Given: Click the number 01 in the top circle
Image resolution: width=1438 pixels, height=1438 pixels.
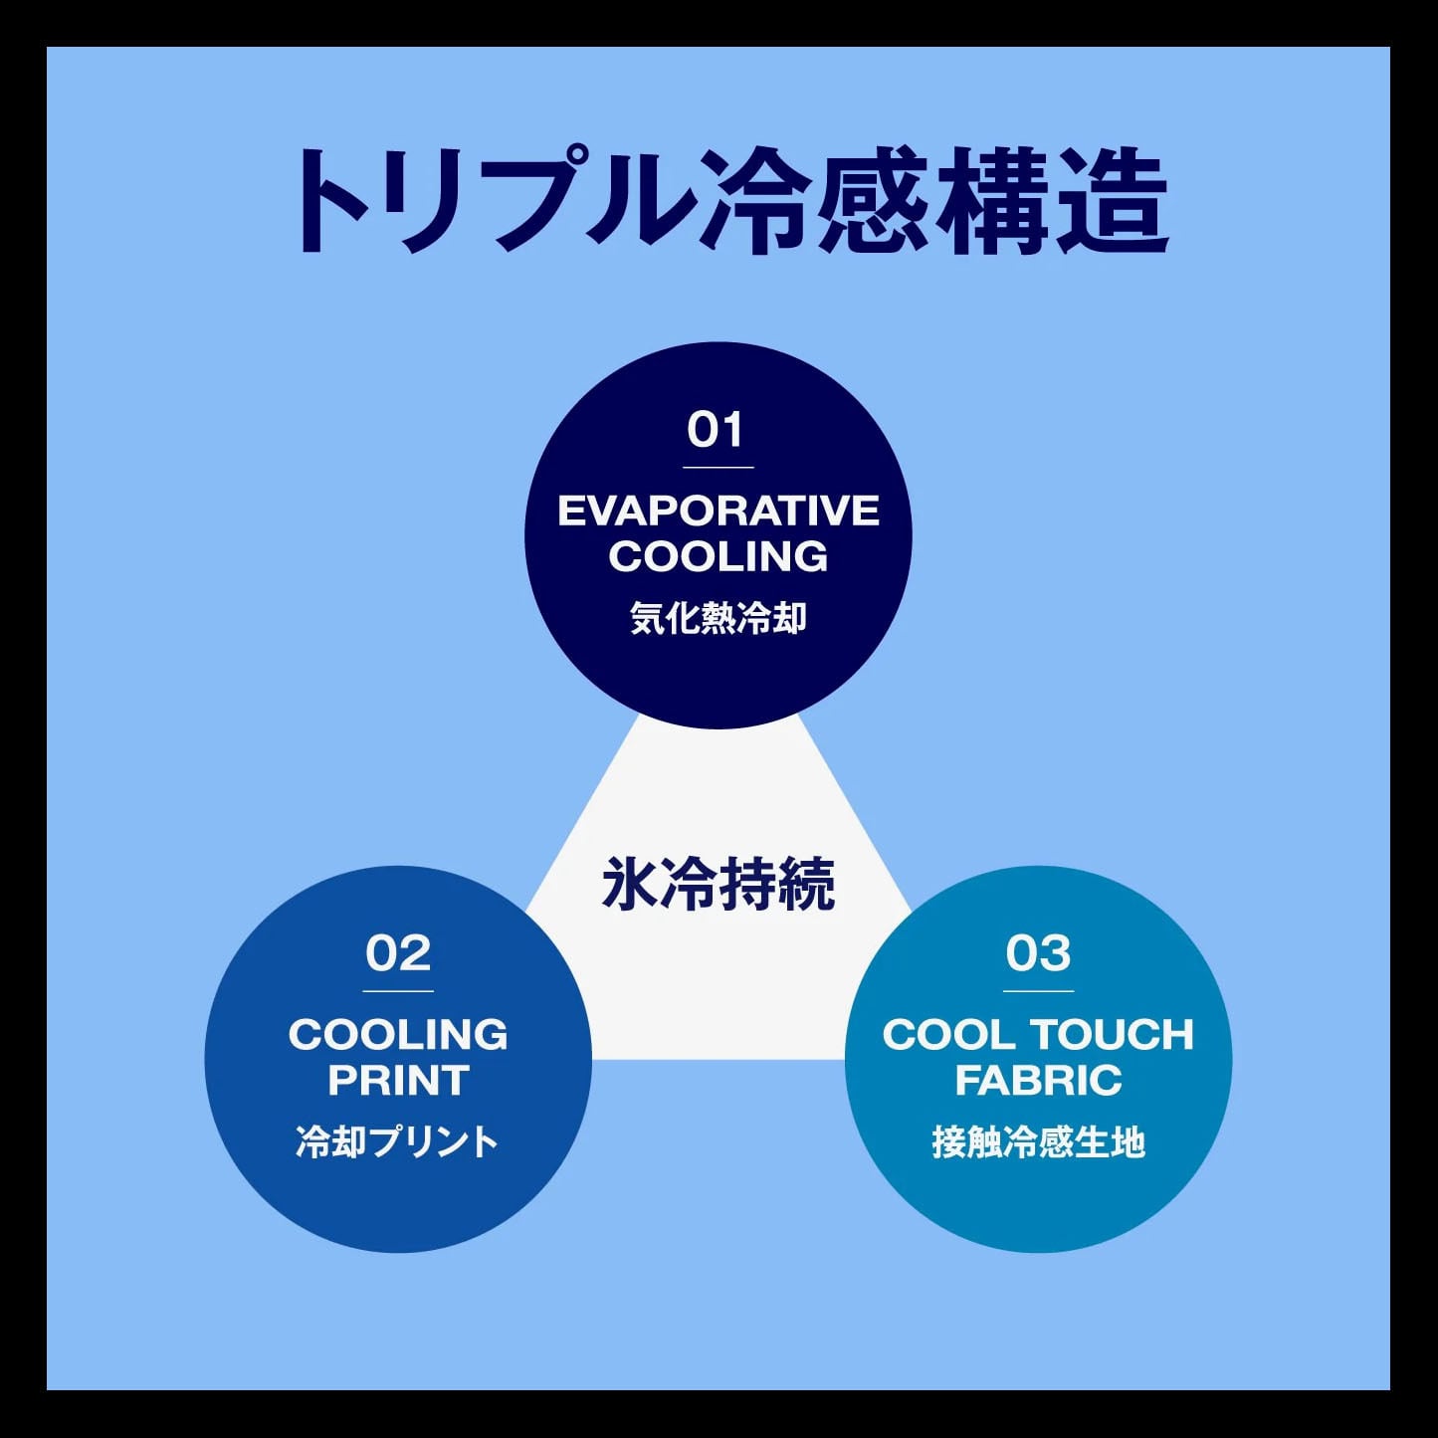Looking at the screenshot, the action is pos(715,430).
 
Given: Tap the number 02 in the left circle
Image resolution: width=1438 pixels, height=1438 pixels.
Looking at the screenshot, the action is pos(398,953).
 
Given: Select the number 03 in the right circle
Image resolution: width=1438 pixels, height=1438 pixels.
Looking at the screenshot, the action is pos(1038,953).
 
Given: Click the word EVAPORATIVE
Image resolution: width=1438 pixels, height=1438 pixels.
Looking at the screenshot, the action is pos(719,512).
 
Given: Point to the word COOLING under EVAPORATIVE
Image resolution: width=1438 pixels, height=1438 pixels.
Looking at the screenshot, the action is pos(719,556).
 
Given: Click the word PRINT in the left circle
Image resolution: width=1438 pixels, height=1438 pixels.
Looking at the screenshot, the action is pos(398,1081).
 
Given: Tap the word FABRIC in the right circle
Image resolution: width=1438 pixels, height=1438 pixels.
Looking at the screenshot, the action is pos(1038,1081).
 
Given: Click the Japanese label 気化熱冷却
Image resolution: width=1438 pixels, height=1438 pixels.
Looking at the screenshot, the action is pos(718,619).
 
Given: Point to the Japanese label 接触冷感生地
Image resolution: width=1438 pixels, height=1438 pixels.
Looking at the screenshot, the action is pos(1038,1142).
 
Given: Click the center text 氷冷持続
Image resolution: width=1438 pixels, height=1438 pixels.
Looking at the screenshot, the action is pos(718,885).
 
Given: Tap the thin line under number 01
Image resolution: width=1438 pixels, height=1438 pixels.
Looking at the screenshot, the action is pos(718,467).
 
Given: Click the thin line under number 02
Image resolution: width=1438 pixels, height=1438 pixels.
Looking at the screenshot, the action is pos(398,991).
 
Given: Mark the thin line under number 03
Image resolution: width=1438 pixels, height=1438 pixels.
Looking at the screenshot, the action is pos(1038,991).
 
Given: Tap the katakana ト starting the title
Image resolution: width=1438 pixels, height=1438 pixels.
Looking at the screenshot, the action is pos(328,200).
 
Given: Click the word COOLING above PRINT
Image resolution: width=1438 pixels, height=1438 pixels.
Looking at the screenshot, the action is pos(398,1035).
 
